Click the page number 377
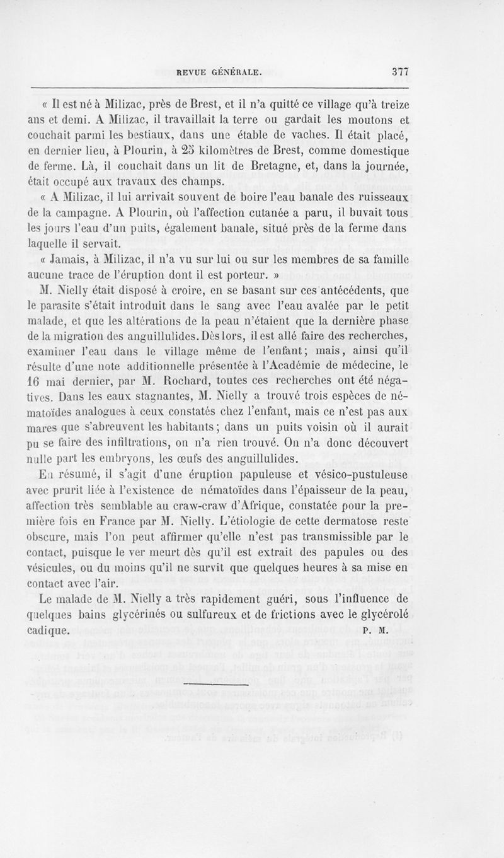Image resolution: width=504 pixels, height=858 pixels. coord(401,72)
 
